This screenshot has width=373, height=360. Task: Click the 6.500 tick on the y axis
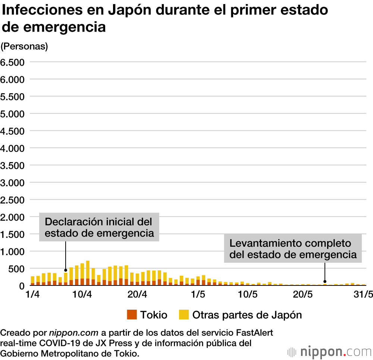pyautogui.click(x=12, y=62)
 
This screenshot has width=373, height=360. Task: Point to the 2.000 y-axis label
pyautogui.click(x=12, y=217)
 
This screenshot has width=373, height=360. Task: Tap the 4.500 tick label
pyautogui.click(x=12, y=131)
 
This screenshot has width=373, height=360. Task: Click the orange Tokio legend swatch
pyautogui.click(x=132, y=315)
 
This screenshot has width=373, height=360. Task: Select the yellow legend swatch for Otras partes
pyautogui.click(x=184, y=315)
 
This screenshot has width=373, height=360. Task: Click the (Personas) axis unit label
pyautogui.click(x=24, y=47)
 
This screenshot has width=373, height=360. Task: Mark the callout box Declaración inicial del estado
pyautogui.click(x=99, y=227)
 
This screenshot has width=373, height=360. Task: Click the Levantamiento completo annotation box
pyautogui.click(x=293, y=249)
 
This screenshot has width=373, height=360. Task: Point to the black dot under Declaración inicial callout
pyautogui.click(x=66, y=270)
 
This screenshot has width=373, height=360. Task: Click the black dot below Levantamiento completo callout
pyautogui.click(x=325, y=281)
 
